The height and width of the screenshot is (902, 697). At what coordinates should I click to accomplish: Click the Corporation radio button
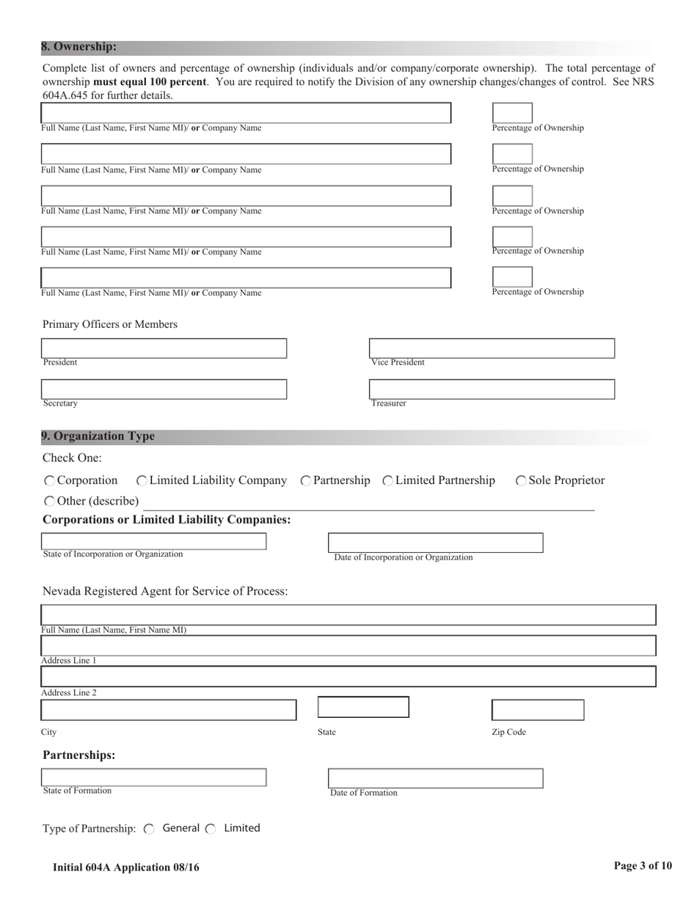(x=49, y=481)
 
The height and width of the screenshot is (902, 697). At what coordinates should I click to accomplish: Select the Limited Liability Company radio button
(x=142, y=481)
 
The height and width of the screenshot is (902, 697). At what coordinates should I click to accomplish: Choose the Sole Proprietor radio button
(x=521, y=481)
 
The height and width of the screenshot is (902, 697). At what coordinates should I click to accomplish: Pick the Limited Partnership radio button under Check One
(x=388, y=481)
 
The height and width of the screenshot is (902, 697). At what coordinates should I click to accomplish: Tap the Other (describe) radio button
(x=49, y=502)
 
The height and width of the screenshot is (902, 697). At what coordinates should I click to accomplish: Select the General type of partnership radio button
(x=149, y=829)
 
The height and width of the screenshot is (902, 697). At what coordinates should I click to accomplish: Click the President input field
(x=164, y=348)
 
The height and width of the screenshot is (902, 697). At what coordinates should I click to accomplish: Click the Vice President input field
(x=492, y=348)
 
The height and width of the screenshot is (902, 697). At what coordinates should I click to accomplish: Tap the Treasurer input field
(x=492, y=389)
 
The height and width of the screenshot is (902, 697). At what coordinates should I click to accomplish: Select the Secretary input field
(x=164, y=389)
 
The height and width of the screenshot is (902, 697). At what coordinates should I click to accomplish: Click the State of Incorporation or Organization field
(x=154, y=541)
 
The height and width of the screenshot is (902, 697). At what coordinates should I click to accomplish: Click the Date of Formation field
(x=435, y=778)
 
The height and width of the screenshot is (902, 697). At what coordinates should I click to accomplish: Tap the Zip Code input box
(x=537, y=710)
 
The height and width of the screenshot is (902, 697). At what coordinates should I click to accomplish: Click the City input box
(x=169, y=710)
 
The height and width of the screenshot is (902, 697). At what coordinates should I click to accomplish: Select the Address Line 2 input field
(x=348, y=676)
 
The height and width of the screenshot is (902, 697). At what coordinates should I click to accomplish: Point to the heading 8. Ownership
(x=79, y=47)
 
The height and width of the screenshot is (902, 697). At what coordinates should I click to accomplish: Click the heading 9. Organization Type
(x=98, y=436)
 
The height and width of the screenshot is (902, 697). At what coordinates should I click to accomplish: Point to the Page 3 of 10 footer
(x=643, y=866)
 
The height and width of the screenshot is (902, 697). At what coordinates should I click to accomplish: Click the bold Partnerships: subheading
(x=79, y=755)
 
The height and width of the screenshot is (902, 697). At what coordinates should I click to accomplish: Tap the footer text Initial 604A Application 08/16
(x=125, y=868)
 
